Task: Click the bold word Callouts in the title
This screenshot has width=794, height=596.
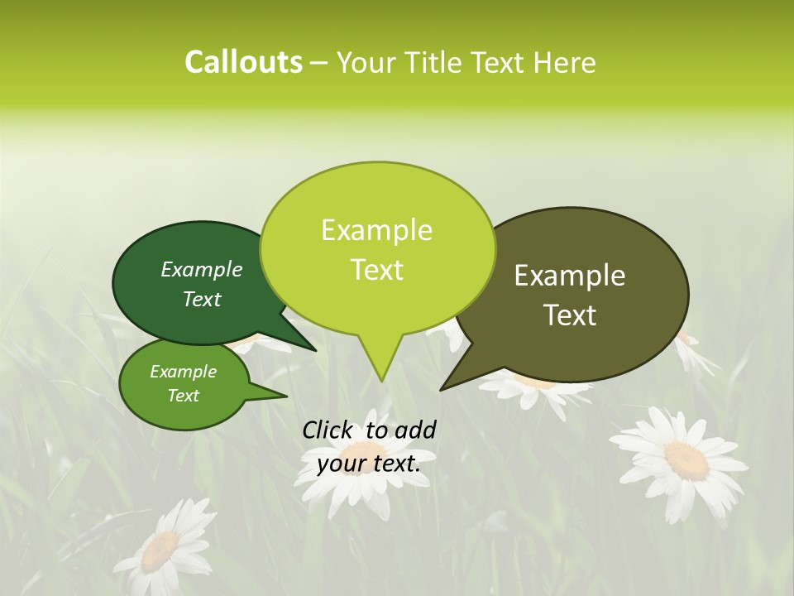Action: coord(243,62)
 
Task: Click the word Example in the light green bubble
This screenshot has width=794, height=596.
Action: coord(376,230)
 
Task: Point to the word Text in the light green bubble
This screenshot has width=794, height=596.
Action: coord(376,270)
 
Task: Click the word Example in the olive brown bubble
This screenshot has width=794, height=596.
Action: coord(570,276)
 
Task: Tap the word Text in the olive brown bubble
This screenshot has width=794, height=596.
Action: coord(570,315)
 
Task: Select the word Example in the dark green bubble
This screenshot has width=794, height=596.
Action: coord(202,269)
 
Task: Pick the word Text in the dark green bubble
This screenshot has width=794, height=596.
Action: coord(202,299)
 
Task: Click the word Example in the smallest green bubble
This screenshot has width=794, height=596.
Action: coord(183,372)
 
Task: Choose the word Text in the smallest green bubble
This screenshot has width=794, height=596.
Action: coord(183,396)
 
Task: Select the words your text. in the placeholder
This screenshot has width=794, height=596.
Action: coord(368,464)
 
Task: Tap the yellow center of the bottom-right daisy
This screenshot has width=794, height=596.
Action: coord(686,459)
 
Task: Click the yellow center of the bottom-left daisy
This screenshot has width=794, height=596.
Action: coord(161,550)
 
